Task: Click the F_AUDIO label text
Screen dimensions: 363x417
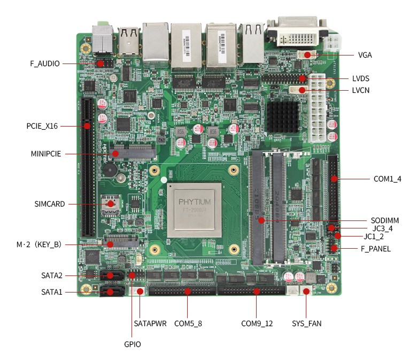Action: pos(45,64)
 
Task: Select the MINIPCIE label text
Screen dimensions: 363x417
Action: pos(45,154)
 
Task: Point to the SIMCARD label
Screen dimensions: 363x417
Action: pos(49,204)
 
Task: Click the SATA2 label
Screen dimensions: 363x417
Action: pos(52,275)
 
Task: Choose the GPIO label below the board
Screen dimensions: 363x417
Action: pos(132,344)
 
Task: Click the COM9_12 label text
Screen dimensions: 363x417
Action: pos(257,323)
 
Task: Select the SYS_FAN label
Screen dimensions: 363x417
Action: pos(306,323)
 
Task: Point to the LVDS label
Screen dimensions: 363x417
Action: pos(361,78)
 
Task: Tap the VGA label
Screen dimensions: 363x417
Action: pos(365,55)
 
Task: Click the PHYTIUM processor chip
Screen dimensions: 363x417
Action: pos(194,210)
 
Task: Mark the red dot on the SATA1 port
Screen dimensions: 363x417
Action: pos(111,292)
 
